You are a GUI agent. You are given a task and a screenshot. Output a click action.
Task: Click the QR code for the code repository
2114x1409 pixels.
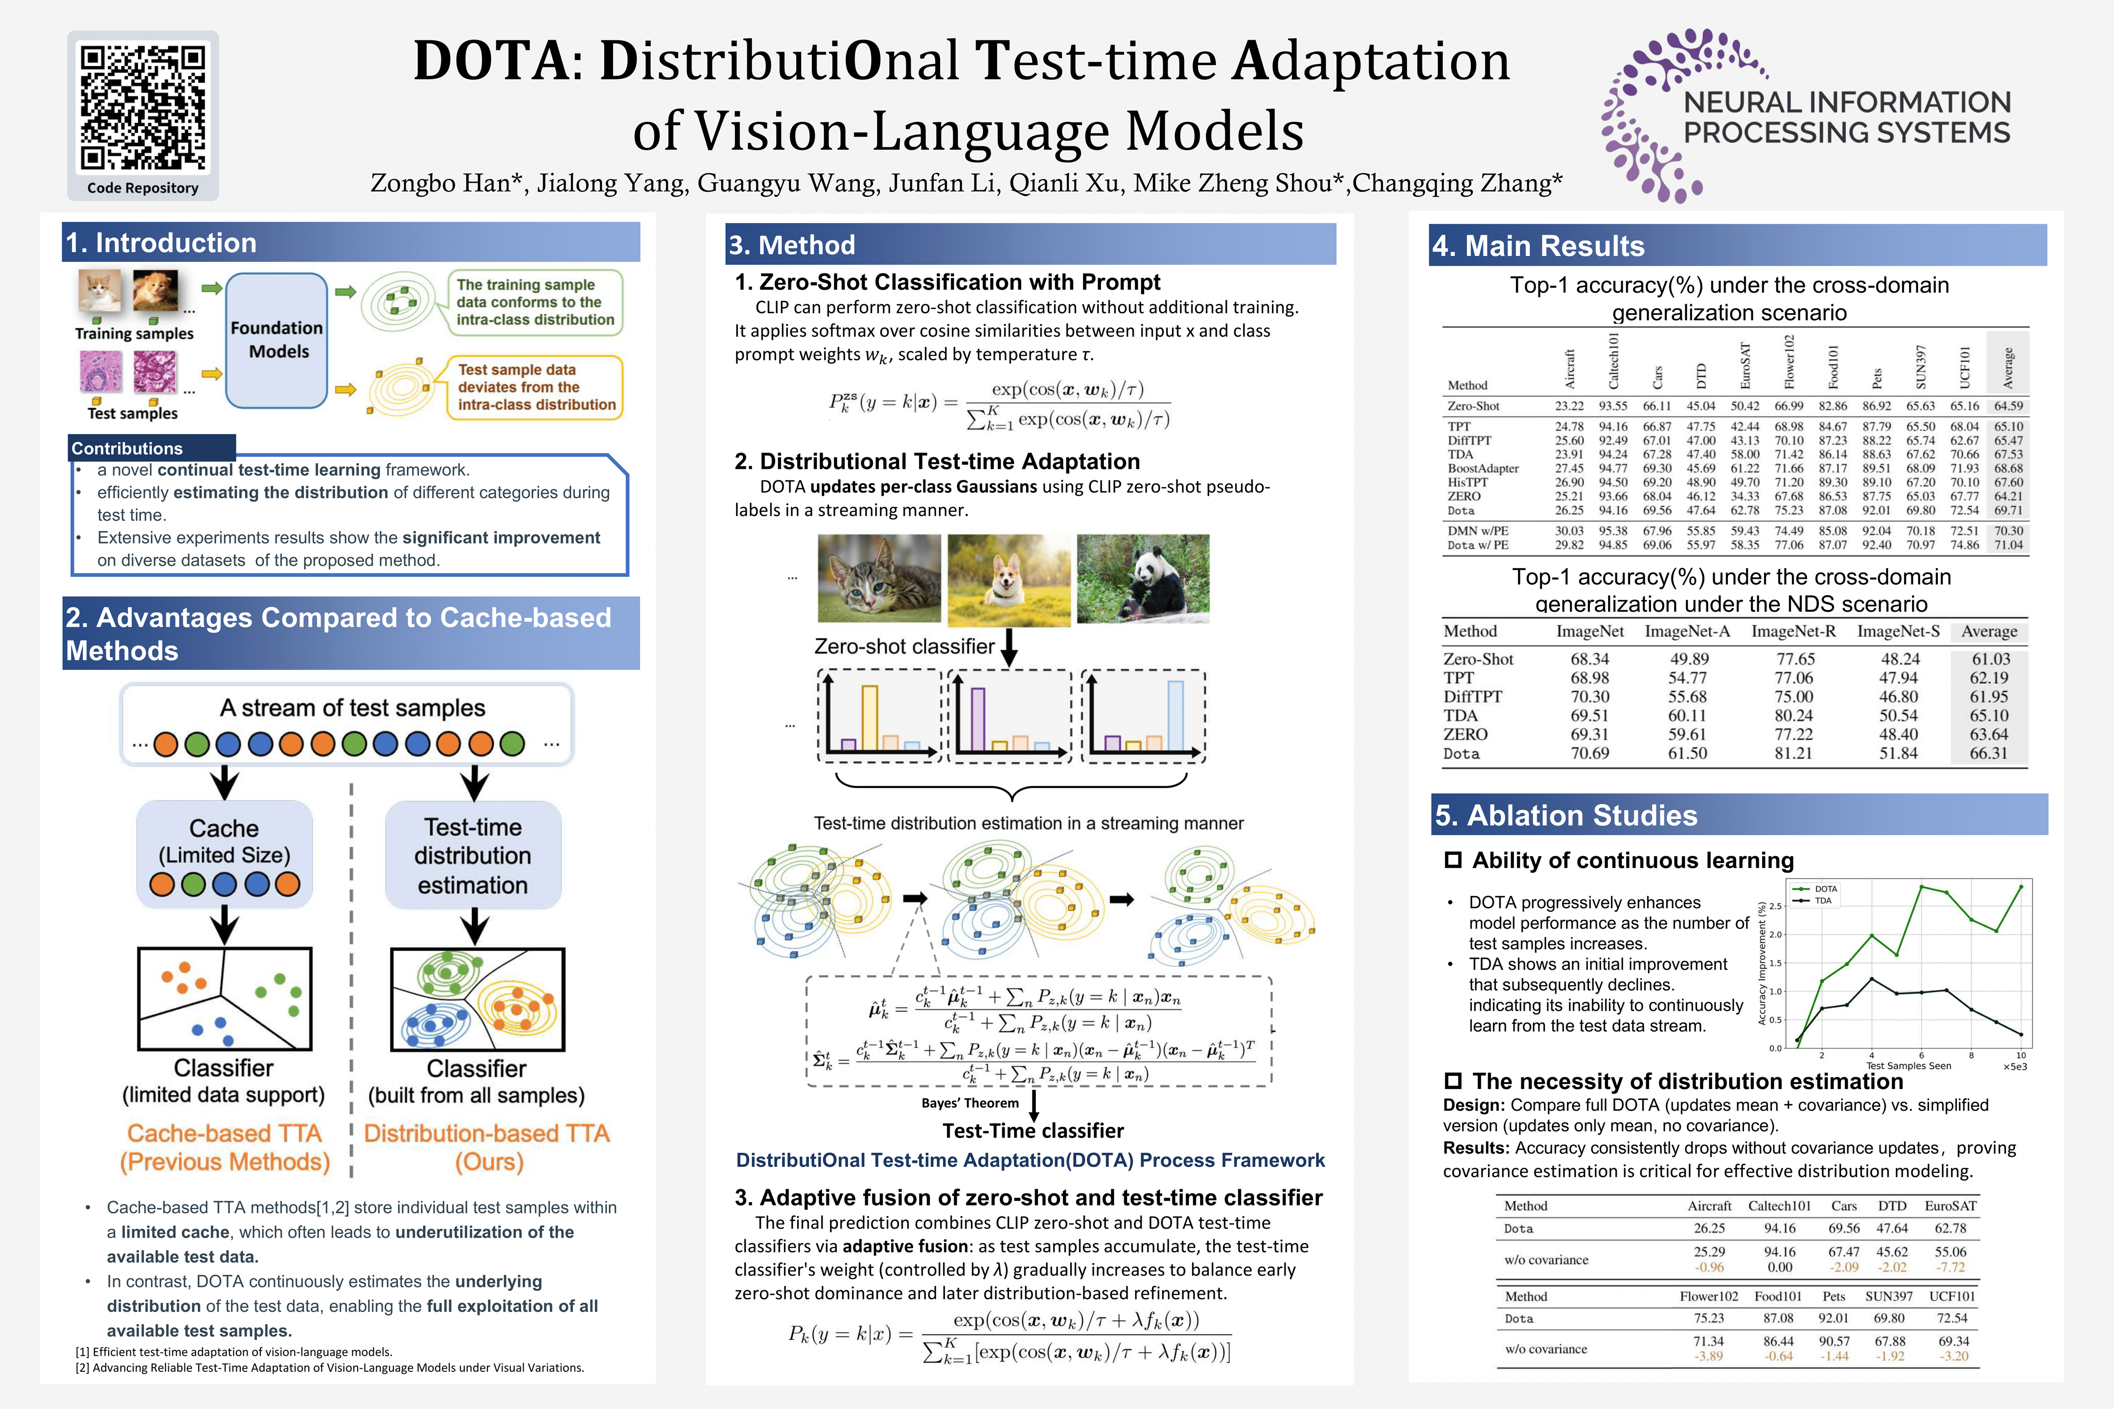point(143,108)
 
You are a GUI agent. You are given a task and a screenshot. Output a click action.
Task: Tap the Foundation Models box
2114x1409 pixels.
point(277,340)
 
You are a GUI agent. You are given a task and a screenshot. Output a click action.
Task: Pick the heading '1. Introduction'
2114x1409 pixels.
point(162,243)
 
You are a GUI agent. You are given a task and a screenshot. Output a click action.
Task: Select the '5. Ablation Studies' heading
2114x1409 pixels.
point(1566,815)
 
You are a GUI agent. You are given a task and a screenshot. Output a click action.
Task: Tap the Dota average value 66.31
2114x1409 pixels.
point(1988,753)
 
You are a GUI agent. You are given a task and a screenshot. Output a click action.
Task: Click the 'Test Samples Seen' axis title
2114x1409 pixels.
point(1908,1066)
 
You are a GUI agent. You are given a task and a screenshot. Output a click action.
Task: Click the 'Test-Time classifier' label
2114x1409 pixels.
point(1033,1131)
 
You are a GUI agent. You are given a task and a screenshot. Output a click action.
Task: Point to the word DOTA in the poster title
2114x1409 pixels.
point(491,61)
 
